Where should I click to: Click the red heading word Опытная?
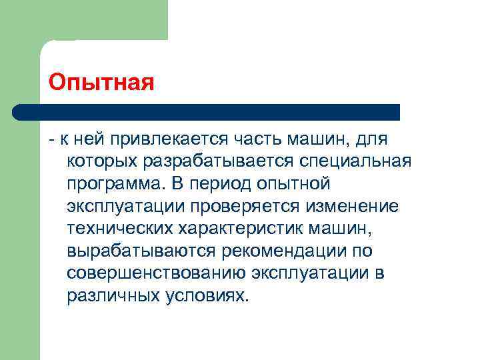pyautogui.click(x=102, y=83)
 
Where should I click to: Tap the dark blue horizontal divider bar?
pyautogui.click(x=207, y=112)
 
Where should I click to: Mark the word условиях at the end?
pyautogui.click(x=207, y=296)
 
